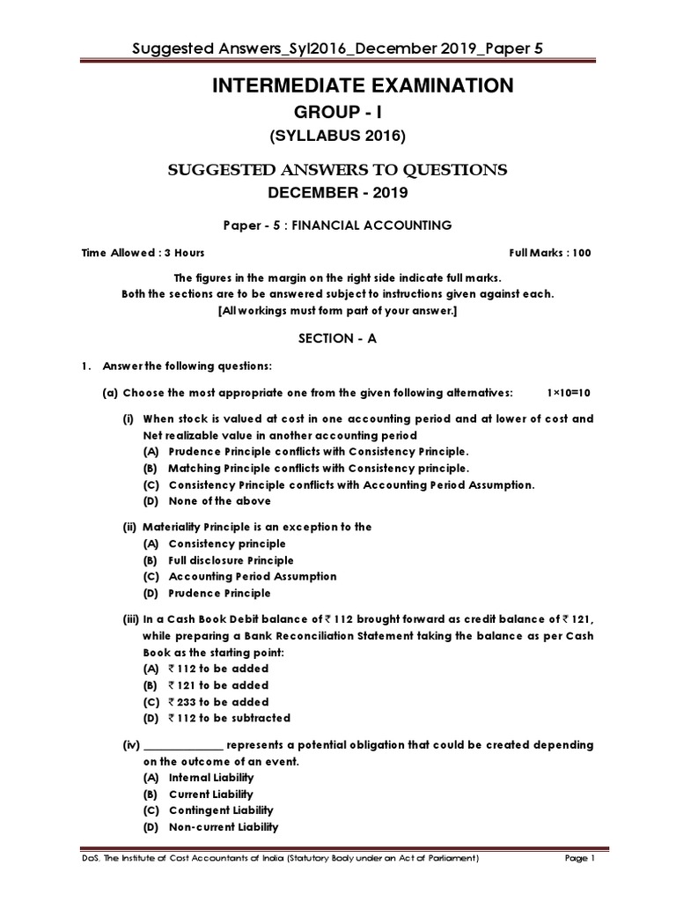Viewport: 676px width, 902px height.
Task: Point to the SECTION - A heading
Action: click(x=337, y=338)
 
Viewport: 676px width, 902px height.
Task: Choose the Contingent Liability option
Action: click(x=220, y=810)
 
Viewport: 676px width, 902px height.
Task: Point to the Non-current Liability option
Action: click(x=223, y=827)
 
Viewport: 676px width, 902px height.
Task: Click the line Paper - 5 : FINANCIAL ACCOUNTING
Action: click(x=337, y=225)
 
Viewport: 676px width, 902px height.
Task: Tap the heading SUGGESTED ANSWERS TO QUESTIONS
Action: click(x=337, y=170)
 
